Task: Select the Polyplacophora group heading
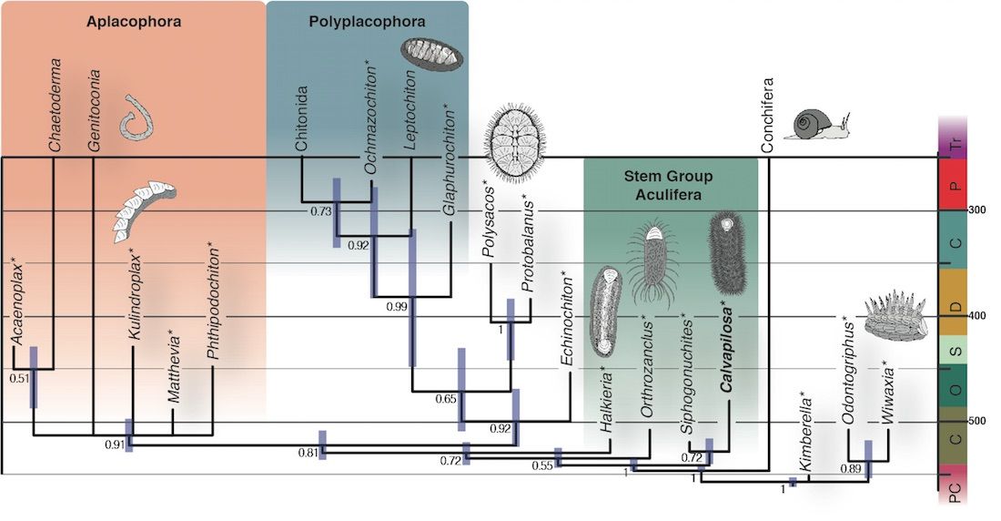pos(367,20)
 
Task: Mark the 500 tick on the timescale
pos(978,421)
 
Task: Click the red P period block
pos(951,185)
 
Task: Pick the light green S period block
pos(951,350)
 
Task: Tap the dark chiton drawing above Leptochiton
pos(432,56)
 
